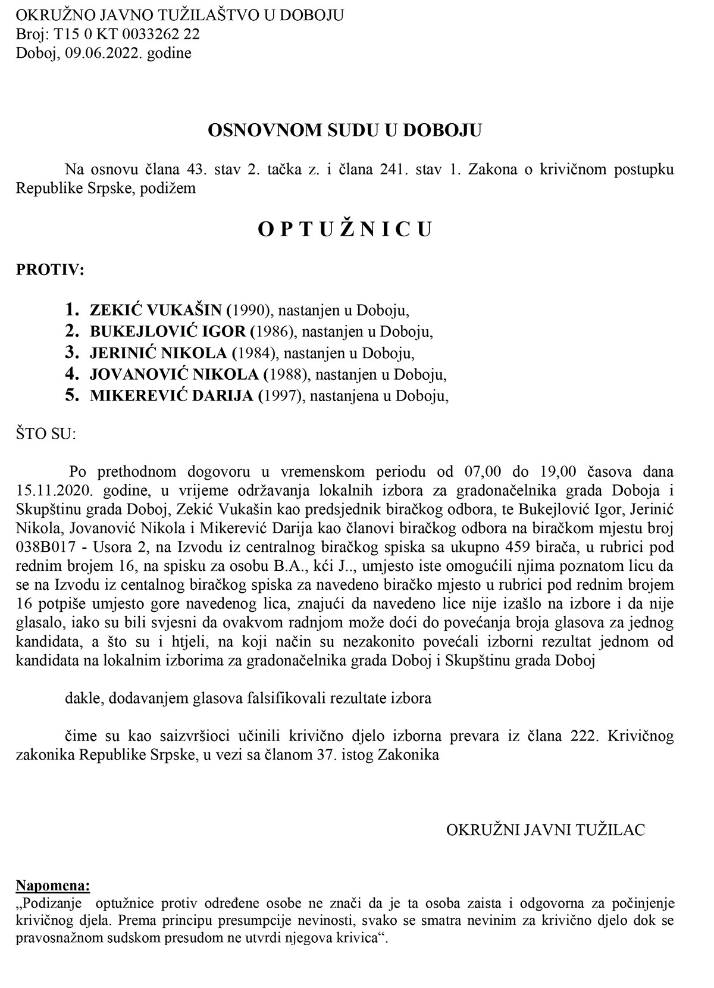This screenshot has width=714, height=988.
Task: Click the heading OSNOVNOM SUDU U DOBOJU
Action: point(345,130)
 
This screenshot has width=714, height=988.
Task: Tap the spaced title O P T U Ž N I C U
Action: point(345,229)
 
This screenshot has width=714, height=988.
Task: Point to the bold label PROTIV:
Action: point(50,270)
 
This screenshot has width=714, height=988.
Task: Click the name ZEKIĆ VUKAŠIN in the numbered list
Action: point(156,310)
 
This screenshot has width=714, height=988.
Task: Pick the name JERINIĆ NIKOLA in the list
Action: point(158,353)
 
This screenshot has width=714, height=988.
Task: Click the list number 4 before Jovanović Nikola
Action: point(72,374)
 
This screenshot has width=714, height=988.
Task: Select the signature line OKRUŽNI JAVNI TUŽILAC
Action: point(546,830)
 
